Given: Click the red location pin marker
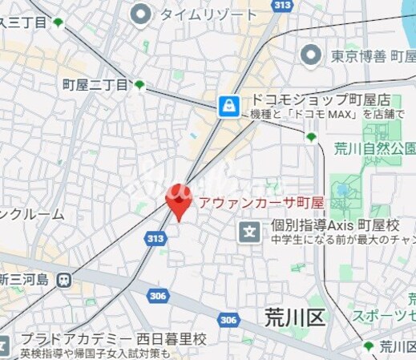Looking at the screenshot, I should point(176,201).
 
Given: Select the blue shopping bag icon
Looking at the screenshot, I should point(229,104).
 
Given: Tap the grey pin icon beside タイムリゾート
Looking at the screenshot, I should point(141,13).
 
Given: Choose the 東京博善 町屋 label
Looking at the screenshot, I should point(371,55).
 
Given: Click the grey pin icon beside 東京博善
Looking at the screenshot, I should point(310,55).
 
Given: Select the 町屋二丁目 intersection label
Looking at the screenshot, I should point(95,85).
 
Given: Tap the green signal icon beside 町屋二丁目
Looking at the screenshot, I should point(139,85).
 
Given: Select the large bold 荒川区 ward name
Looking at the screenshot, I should point(294,318).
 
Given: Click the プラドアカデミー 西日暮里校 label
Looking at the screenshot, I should point(113,339).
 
